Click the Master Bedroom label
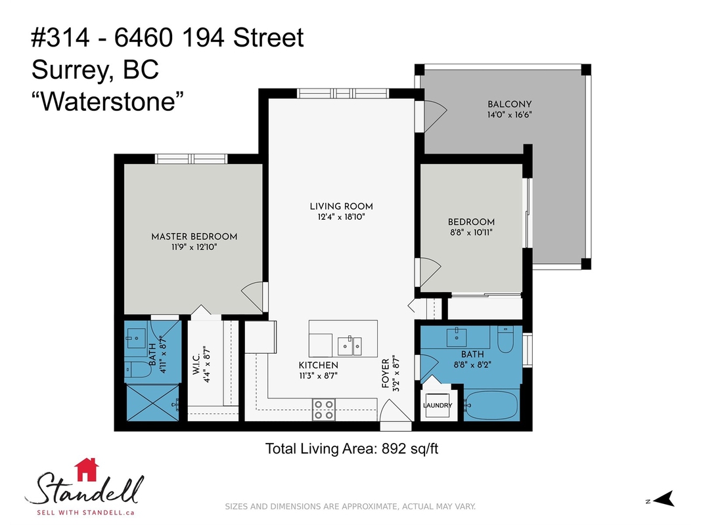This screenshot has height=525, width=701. point(194,237)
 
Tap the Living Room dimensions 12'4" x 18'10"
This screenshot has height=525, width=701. point(342,217)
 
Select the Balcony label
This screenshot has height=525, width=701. point(510,104)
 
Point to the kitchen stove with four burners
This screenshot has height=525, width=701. point(324,409)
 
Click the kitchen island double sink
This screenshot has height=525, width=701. point(350,346)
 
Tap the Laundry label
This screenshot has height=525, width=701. point(438,406)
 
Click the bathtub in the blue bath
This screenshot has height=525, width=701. point(491,405)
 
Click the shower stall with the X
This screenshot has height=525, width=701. point(153,402)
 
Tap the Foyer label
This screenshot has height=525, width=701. point(386,373)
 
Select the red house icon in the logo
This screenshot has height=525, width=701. point(86,470)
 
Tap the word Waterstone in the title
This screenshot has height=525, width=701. point(108,101)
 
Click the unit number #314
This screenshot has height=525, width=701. point(60,37)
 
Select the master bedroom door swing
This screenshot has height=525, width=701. point(252,297)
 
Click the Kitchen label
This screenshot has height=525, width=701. point(319,365)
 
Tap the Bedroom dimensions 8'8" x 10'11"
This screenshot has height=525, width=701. point(471,232)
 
